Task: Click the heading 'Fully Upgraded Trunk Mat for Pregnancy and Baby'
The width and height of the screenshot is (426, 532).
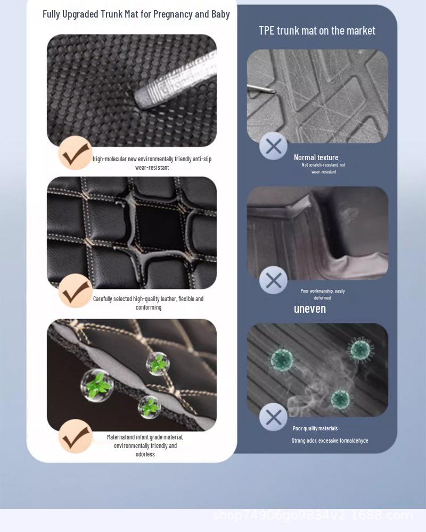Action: click(136, 14)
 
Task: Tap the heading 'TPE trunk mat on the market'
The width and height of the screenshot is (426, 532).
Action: click(317, 31)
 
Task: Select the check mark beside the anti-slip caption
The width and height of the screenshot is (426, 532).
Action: click(75, 153)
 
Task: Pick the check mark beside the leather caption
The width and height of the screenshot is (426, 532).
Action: click(75, 291)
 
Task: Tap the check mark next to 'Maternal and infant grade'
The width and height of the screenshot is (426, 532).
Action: click(75, 436)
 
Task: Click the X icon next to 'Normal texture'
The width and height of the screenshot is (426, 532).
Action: click(273, 146)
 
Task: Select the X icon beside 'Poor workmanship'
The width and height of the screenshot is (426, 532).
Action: click(273, 280)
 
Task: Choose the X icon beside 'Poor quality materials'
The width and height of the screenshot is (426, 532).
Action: click(273, 417)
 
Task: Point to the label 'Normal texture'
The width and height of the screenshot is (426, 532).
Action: click(316, 157)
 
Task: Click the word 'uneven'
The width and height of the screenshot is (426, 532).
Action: click(309, 309)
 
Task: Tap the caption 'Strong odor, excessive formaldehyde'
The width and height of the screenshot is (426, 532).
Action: click(330, 440)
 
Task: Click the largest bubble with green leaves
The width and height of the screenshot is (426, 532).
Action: click(97, 385)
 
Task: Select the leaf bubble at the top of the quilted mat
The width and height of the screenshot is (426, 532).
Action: click(158, 364)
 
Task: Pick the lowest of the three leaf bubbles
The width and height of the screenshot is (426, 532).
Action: click(149, 407)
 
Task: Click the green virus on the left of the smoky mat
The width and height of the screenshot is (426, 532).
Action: click(282, 360)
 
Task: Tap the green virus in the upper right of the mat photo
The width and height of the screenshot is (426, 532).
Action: click(360, 349)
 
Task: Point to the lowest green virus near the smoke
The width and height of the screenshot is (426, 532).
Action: click(340, 399)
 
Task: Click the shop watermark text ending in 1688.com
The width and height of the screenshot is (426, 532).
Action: click(313, 515)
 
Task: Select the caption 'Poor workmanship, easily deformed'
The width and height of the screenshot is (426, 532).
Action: click(323, 294)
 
